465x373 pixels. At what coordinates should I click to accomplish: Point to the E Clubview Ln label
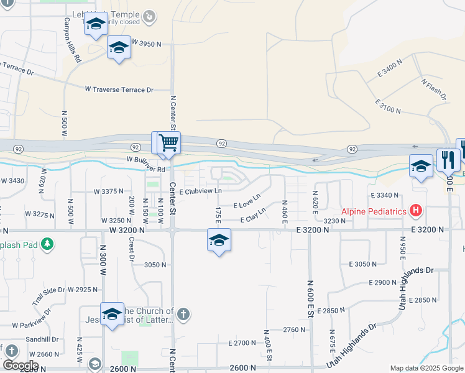[200, 191]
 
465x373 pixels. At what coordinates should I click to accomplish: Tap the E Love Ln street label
[247, 204]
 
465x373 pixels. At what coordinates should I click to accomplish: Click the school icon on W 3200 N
[219, 240]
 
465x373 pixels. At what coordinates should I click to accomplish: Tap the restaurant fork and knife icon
[448, 160]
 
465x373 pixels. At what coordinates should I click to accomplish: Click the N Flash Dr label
[434, 90]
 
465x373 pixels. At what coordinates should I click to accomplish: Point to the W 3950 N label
[146, 44]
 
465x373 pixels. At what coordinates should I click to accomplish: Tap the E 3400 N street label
[390, 69]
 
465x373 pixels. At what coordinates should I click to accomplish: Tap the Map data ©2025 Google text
[426, 368]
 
